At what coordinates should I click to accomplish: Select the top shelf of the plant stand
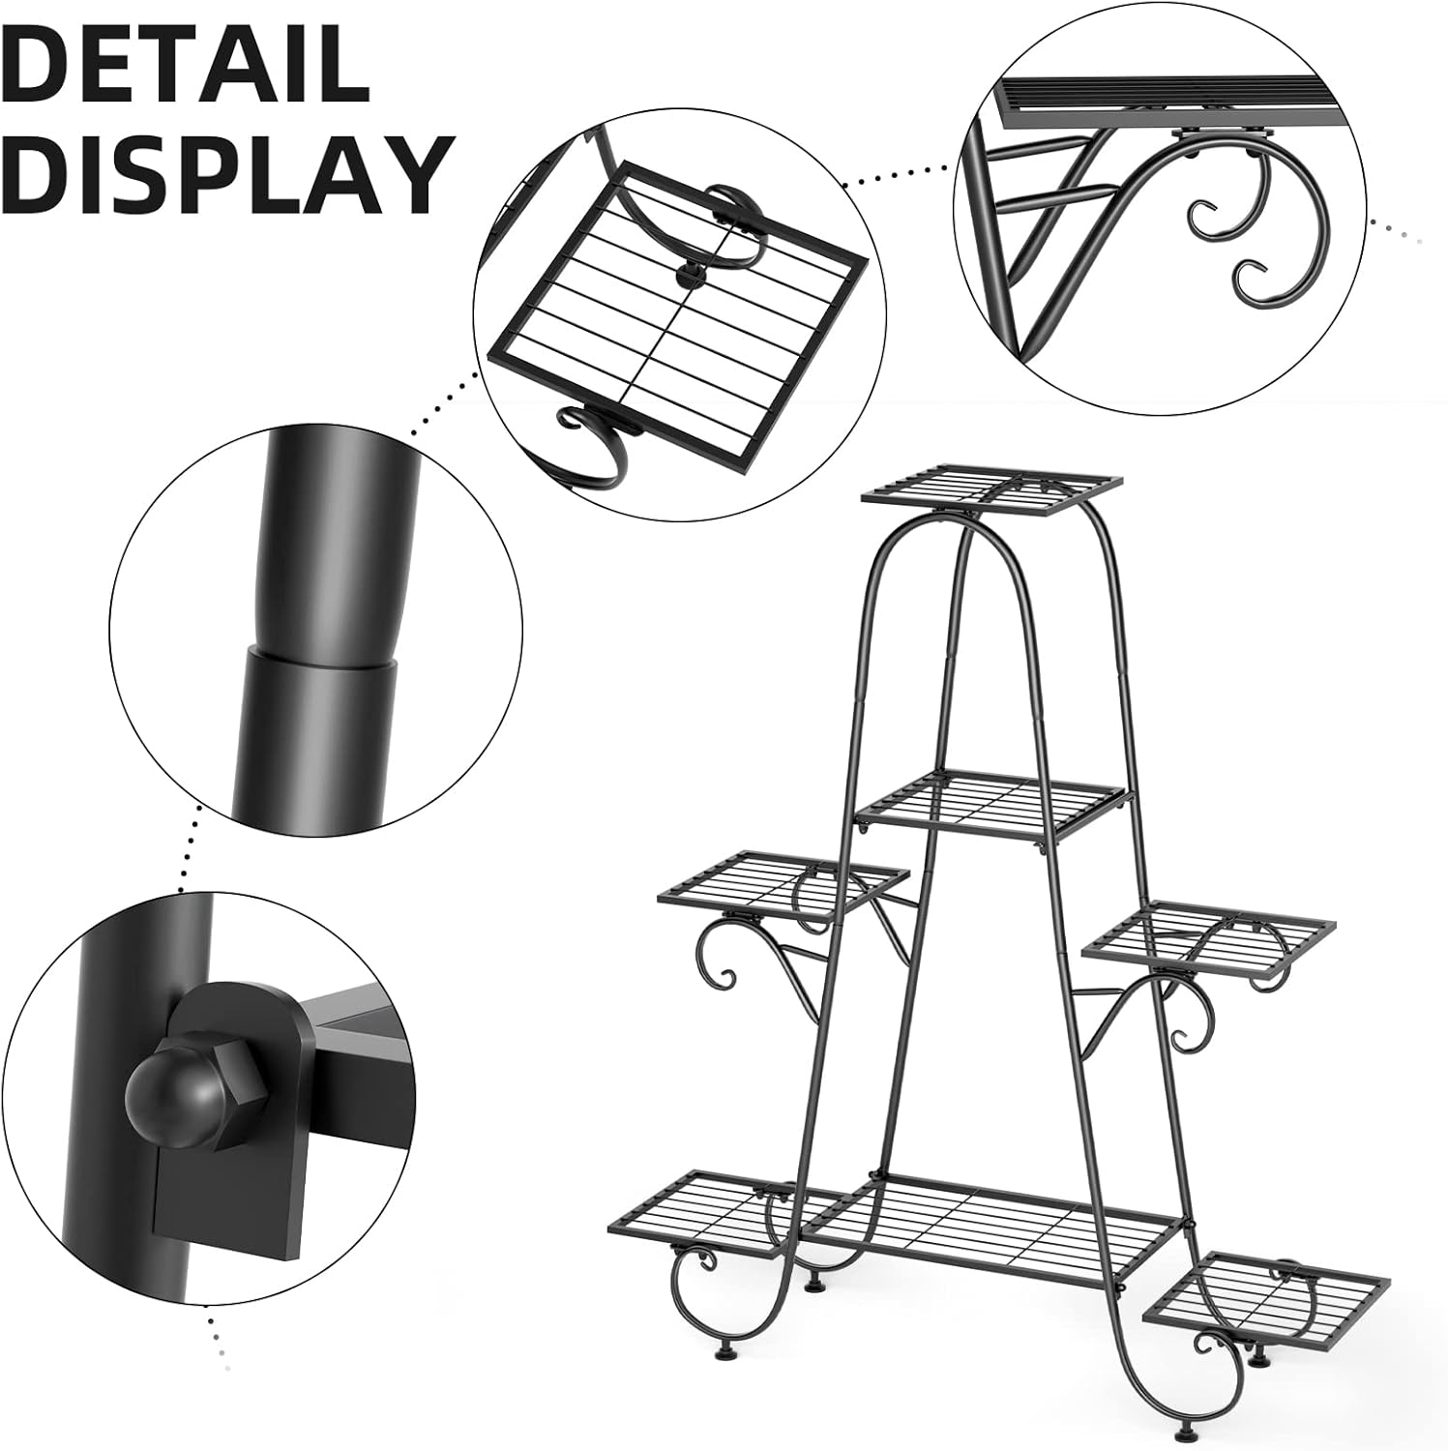(x=992, y=487)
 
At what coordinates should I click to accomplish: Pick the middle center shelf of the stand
(x=992, y=802)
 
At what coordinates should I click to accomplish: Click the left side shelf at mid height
(x=783, y=881)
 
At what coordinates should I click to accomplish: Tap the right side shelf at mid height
(x=1207, y=931)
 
